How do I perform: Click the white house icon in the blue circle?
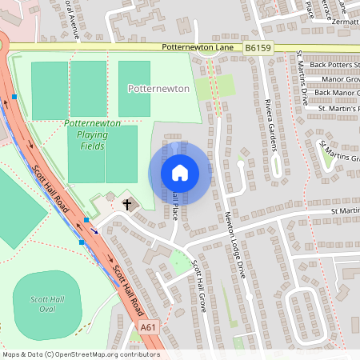click(x=180, y=172)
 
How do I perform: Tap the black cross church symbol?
click(x=126, y=205)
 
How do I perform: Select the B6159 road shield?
click(x=258, y=49)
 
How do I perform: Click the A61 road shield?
click(x=148, y=327)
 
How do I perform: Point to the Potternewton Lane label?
click(x=196, y=49)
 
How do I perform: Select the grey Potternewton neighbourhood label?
click(x=158, y=89)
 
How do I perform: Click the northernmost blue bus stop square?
click(x=14, y=96)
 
